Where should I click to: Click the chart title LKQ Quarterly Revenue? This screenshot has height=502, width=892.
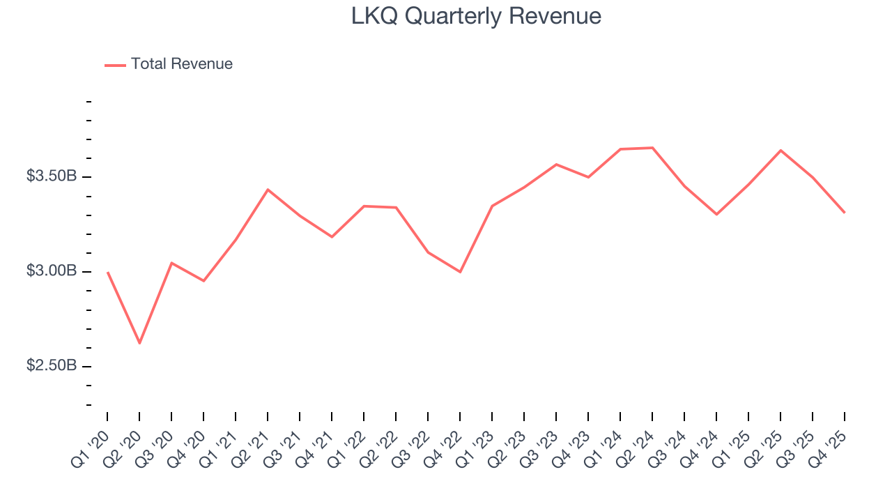tap(476, 16)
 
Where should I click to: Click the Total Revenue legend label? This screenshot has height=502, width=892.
tap(181, 64)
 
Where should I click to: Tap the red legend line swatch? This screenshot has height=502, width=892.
tap(115, 65)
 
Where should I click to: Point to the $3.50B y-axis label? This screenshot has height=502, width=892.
tap(52, 176)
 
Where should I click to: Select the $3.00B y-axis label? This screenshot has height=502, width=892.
tap(52, 271)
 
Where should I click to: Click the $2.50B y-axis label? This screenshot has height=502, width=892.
tap(52, 366)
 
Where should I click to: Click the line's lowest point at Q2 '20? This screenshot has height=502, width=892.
tap(139, 343)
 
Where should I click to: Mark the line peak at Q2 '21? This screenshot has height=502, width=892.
tap(268, 190)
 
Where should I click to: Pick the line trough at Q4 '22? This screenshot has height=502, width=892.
tap(460, 272)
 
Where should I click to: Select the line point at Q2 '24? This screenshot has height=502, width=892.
tap(652, 148)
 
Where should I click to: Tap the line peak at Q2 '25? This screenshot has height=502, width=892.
tap(780, 150)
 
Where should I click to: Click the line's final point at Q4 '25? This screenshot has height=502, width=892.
tap(845, 213)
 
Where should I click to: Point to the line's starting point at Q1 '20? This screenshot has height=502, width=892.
tap(107, 273)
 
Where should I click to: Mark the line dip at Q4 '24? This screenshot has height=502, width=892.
tap(716, 214)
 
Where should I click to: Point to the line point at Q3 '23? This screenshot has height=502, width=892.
tap(556, 165)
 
